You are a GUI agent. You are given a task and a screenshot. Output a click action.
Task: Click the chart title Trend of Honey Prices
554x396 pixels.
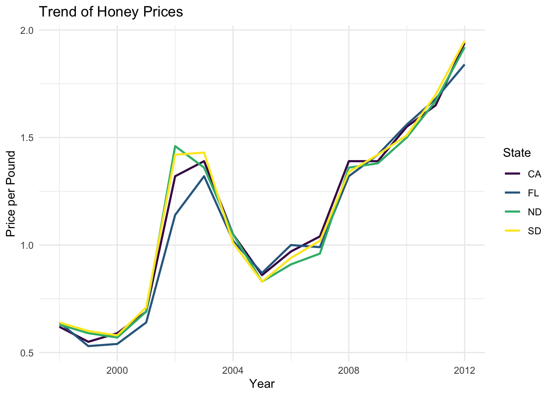(x=110, y=12)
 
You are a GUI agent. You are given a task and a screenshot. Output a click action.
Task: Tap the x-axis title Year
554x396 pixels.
(x=262, y=384)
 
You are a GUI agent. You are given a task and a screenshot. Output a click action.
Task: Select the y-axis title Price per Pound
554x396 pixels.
(x=11, y=194)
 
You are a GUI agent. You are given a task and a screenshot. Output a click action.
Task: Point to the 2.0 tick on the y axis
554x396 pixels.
(x=27, y=31)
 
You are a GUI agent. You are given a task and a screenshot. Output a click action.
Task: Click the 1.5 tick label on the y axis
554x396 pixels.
(x=27, y=138)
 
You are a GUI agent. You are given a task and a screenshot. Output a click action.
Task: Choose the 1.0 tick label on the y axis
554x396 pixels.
(x=27, y=245)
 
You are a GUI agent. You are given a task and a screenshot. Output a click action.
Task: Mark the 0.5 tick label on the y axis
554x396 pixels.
(x=27, y=353)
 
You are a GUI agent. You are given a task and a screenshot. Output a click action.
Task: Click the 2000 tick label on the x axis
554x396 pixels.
(x=117, y=370)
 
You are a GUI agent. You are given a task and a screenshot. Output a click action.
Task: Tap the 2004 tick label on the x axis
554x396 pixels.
(x=233, y=370)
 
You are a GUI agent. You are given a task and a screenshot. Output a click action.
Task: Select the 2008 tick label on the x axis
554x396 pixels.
(x=349, y=370)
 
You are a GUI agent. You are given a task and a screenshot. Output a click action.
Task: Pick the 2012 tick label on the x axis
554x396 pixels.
(x=465, y=370)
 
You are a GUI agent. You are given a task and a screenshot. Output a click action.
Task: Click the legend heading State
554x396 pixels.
(x=516, y=153)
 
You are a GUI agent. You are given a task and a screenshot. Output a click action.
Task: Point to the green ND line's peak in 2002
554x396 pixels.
(x=175, y=146)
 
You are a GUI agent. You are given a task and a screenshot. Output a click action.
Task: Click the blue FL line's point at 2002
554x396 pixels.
(x=175, y=215)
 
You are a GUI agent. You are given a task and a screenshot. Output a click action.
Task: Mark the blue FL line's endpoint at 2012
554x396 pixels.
(x=465, y=65)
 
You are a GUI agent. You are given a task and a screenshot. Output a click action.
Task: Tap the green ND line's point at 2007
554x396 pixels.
(x=320, y=253)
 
